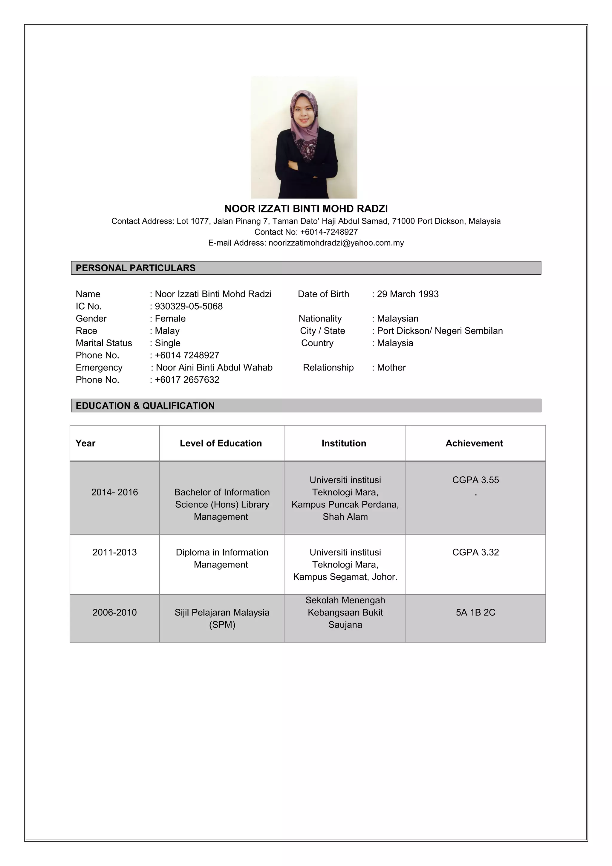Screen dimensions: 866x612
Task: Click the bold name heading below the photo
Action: click(306, 209)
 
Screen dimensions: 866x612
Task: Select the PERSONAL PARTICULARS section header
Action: click(135, 268)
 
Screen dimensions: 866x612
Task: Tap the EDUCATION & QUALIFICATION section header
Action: click(145, 406)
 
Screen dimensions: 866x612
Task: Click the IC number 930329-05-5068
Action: click(189, 306)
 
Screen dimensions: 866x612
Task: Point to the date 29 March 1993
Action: click(407, 294)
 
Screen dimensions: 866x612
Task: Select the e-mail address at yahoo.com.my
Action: click(336, 243)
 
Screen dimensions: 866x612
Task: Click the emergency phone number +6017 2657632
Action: click(187, 380)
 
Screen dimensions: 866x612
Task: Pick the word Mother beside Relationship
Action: click(391, 367)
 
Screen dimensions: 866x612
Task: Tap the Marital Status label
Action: click(104, 343)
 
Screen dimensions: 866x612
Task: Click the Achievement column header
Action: click(474, 443)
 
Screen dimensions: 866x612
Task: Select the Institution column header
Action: click(344, 443)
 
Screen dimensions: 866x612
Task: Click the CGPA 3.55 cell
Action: click(475, 480)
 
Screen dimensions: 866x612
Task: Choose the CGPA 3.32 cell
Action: click(475, 552)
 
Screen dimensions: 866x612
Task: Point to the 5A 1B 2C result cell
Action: click(475, 612)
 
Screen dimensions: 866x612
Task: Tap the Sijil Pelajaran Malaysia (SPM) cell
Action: click(222, 618)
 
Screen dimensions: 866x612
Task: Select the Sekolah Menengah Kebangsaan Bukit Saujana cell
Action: click(345, 612)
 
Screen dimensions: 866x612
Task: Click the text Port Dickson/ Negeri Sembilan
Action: click(440, 331)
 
